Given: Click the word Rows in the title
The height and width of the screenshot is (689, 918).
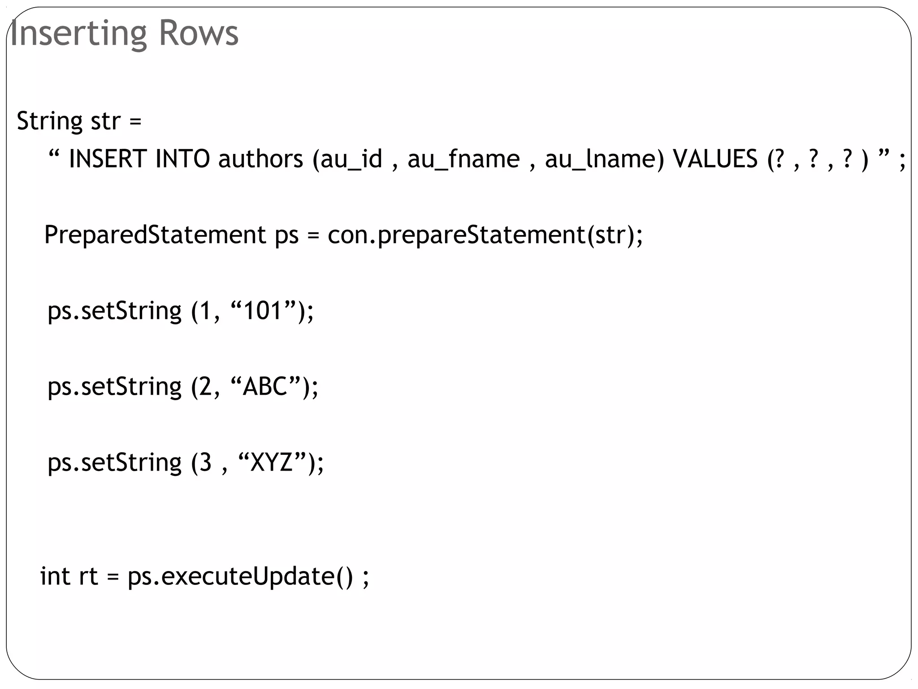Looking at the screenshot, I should point(199,34).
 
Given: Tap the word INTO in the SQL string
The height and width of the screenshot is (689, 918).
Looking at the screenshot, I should point(182,159).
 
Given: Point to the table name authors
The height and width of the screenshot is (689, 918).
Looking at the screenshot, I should point(260,159).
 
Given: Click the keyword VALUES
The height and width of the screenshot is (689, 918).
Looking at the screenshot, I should point(715,159).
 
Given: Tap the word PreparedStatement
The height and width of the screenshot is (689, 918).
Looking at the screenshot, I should point(155,235).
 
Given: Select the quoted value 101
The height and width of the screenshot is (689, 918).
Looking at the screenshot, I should point(263,310).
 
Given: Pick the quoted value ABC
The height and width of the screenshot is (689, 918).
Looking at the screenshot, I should point(265,386).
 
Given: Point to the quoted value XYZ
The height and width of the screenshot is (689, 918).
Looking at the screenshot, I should point(272,462).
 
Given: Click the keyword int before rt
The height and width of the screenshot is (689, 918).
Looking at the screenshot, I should point(55,576).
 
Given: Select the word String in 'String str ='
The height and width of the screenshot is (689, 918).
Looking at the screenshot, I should point(50,122).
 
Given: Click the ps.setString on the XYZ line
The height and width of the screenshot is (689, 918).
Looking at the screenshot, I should point(115,463).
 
